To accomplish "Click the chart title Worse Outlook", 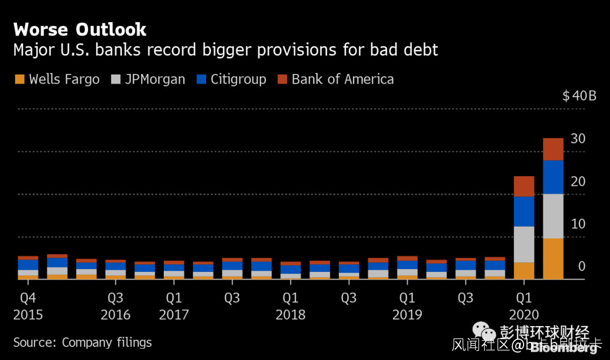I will pos(80,29).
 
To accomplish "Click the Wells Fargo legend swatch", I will pos(19,79).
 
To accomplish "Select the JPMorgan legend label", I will pos(155,79).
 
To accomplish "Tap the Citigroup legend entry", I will pos(238,79).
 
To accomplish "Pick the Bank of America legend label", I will pos(342,79).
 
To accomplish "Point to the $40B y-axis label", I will pos(579,96).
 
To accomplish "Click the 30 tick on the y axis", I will pos(578,138).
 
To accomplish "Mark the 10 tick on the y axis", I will pos(578,224).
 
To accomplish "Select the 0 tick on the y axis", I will pos(582,266).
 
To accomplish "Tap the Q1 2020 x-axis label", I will pos(524,306).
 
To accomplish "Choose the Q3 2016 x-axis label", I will pos(115,306).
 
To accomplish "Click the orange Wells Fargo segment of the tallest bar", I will pos(553,258).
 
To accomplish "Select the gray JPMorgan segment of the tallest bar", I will pos(553,216).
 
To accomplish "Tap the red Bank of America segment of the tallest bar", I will pos(553,149).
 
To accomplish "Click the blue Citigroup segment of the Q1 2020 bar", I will pos(524,211).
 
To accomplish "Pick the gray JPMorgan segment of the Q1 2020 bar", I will pos(524,244).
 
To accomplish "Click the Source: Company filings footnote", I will pos(82,342).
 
